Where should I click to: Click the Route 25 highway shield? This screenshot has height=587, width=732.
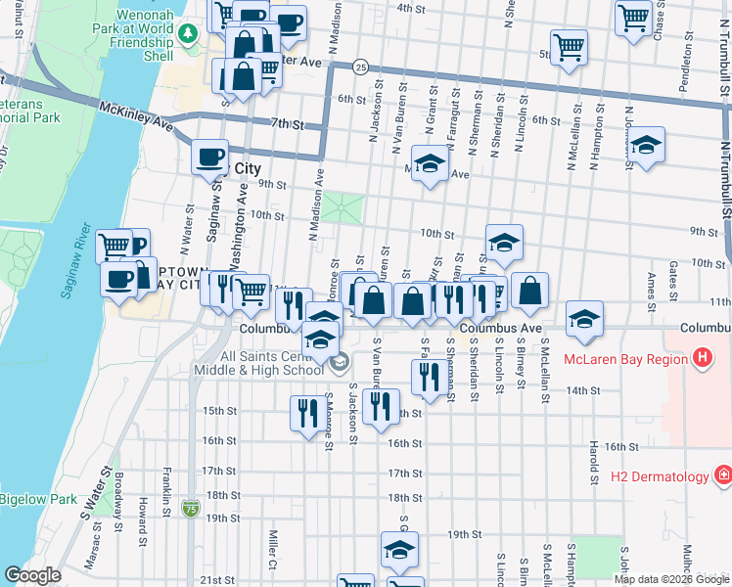coord(361,68)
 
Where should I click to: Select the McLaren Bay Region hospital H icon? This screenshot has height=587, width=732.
coord(701,359)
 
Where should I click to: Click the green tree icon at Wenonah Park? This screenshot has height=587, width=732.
coord(186,34)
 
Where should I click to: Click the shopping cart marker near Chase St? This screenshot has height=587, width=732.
coord(634,17)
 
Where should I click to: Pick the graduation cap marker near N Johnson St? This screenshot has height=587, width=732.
coord(645,146)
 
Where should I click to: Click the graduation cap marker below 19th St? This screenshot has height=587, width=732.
coord(399,550)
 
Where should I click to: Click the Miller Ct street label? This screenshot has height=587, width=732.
coord(273,550)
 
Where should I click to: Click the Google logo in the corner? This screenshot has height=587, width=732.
coord(32,575)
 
